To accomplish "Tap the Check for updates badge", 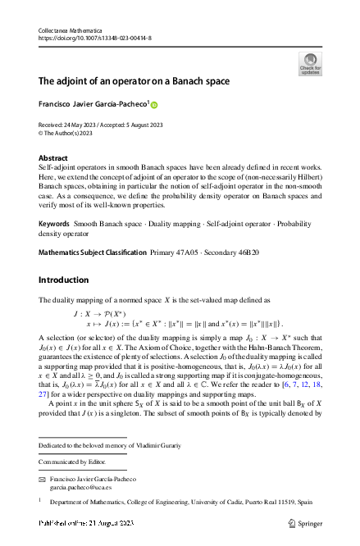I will tap(310, 64).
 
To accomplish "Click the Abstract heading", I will tap(54, 157).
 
